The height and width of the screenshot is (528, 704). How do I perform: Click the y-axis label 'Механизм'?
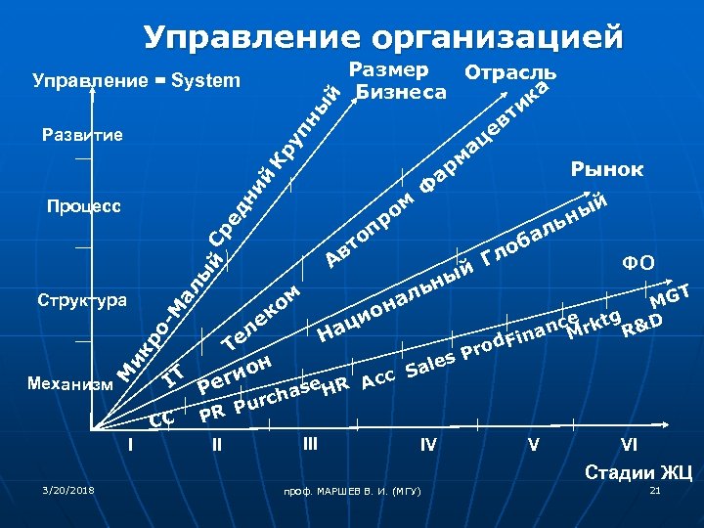[71, 384]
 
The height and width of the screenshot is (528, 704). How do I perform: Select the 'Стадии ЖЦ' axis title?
[638, 473]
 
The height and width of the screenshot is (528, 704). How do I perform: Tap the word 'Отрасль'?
[511, 73]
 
